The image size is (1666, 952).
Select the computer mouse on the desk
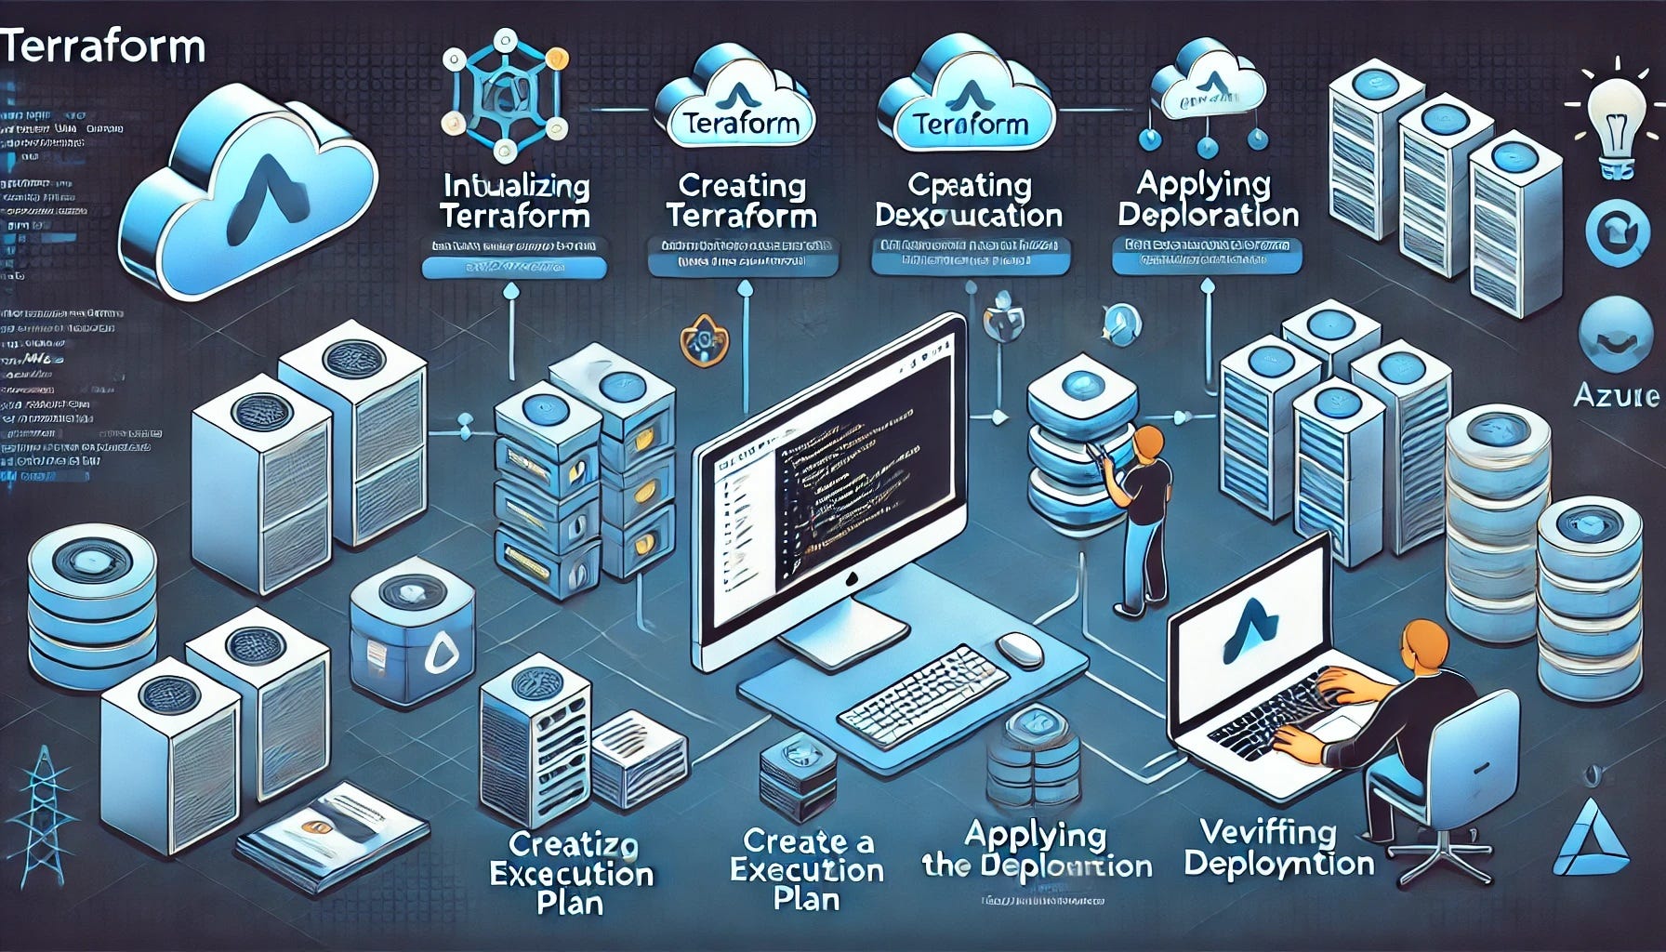click(1019, 648)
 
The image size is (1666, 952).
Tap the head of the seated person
click(1422, 644)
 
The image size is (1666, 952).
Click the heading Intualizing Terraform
click(515, 202)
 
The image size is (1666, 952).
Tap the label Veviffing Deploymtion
click(1279, 847)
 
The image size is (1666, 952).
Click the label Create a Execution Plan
click(807, 870)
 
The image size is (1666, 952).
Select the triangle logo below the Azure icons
click(1592, 840)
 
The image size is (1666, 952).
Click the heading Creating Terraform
click(742, 201)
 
